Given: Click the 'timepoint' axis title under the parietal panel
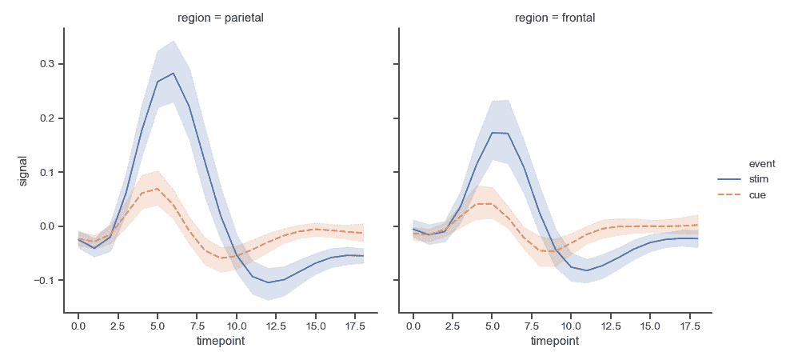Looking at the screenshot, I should point(220,342).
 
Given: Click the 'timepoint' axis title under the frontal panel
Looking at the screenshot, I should point(554,342).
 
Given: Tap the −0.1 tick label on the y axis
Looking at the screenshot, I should point(42,281).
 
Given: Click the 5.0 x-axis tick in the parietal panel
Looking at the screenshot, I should point(158,326).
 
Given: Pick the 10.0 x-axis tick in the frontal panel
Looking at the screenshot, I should point(571,326).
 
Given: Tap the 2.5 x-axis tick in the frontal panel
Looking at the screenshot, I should point(453,326).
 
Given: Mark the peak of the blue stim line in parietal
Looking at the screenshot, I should point(174,73).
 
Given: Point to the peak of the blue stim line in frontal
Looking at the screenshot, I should point(493,132).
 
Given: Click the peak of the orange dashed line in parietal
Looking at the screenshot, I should point(158,189).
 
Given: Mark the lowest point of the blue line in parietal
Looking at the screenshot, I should point(268,282).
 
